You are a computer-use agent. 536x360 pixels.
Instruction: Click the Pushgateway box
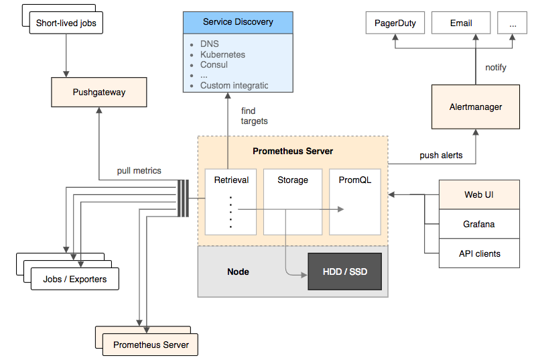[x=98, y=93]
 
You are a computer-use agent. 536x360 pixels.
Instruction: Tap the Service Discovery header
[x=238, y=22]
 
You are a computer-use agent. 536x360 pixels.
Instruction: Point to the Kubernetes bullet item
[x=222, y=54]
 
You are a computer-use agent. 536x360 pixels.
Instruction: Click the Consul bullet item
[x=214, y=65]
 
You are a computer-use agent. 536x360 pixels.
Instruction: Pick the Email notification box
[x=461, y=23]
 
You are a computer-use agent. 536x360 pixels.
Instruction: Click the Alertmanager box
[x=475, y=107]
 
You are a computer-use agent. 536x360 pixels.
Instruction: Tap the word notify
[x=495, y=68]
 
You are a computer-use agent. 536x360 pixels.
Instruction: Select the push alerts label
[x=441, y=156]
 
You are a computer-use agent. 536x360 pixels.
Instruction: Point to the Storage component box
[x=293, y=201]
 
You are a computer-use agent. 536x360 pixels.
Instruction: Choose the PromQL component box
[x=355, y=201]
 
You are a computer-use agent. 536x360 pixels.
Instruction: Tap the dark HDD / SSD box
[x=344, y=272]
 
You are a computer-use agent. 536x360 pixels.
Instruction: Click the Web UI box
[x=478, y=194]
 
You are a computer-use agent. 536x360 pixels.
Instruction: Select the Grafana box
[x=478, y=224]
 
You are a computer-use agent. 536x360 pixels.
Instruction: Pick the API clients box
[x=478, y=253]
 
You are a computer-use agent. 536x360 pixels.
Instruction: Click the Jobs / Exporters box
[x=74, y=279]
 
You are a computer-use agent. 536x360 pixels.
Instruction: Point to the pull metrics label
[x=139, y=171]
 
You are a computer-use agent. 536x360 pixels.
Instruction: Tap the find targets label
[x=254, y=116]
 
